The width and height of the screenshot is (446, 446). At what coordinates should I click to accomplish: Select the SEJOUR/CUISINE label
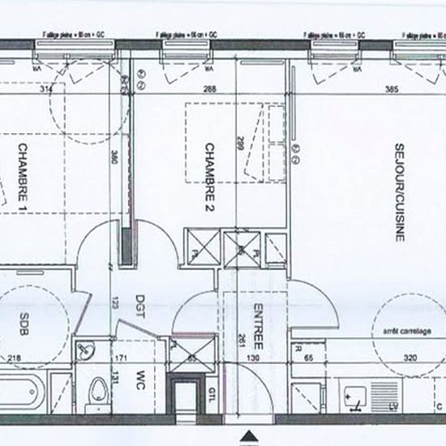click(399, 191)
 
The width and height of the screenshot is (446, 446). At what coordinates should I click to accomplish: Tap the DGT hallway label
click(139, 309)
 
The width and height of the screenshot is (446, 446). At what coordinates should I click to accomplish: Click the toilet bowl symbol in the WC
click(98, 392)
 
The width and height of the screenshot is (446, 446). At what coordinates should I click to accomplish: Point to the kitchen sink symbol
click(354, 396)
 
